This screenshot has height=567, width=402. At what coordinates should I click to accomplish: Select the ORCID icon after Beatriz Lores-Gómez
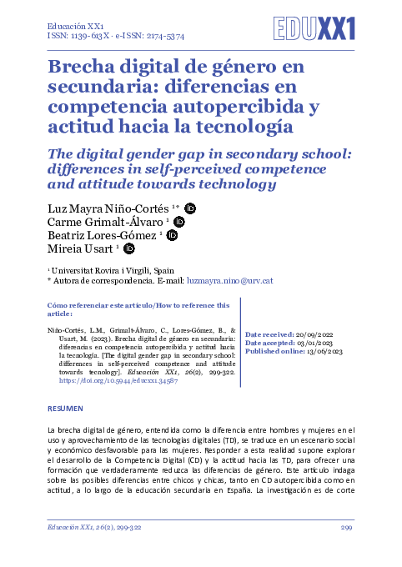173,235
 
